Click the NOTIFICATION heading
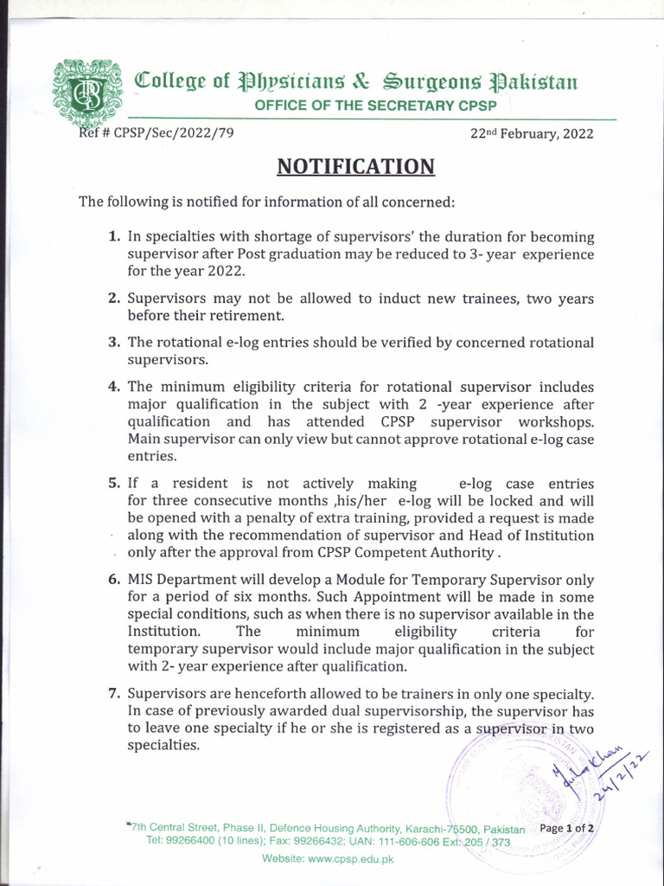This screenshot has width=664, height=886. [x=355, y=165]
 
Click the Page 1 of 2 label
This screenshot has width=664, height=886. [x=567, y=828]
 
